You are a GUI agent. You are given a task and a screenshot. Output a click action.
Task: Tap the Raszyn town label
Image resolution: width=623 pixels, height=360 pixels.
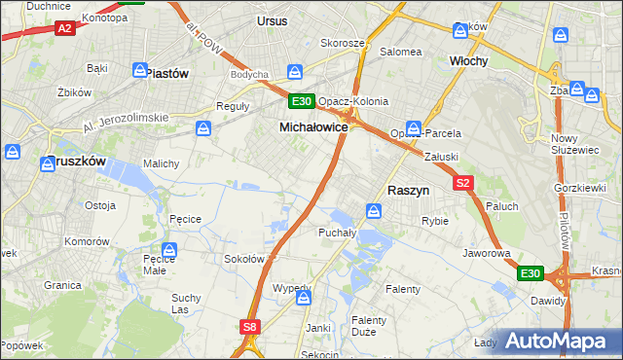[x=410, y=192]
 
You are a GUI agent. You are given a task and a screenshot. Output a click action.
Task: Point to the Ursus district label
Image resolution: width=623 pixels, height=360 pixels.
[x=273, y=19]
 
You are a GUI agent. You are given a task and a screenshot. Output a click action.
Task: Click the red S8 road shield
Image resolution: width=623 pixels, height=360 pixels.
[x=251, y=328]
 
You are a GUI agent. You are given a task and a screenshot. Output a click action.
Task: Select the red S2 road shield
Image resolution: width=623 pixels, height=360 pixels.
[x=462, y=182]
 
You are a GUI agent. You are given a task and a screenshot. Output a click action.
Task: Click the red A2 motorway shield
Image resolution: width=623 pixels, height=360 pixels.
[x=64, y=29]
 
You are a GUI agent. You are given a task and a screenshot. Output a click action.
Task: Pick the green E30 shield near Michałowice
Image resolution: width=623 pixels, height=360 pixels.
[x=301, y=101]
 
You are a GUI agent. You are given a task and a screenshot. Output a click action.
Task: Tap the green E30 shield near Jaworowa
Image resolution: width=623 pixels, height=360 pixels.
[x=530, y=274]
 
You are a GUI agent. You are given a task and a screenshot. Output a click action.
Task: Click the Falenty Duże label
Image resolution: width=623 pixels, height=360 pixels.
[x=369, y=326]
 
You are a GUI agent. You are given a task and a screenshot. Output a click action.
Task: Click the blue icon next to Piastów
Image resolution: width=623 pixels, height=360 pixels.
[x=140, y=71]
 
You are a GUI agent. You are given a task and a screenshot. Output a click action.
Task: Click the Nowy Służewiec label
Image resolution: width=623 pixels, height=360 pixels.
[x=571, y=144]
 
